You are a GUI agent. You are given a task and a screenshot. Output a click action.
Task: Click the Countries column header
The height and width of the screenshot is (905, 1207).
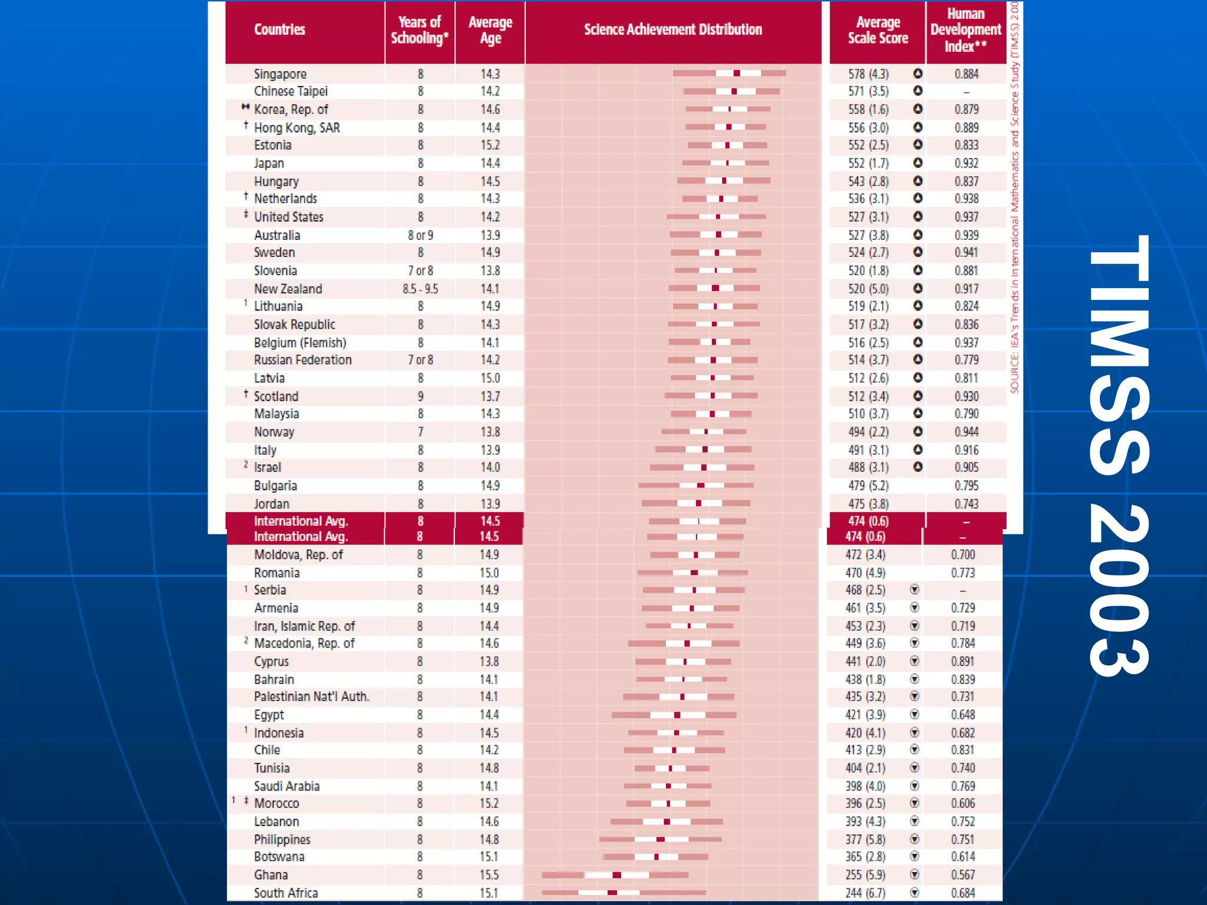(x=279, y=29)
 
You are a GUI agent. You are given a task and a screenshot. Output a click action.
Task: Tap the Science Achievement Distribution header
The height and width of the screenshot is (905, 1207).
(x=672, y=29)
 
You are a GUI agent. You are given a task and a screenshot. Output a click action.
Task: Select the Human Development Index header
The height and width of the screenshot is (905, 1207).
(x=965, y=30)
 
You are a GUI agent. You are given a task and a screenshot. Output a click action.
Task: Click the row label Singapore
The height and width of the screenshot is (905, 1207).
(x=280, y=74)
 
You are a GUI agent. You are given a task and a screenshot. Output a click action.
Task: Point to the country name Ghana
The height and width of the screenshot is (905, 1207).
(x=271, y=875)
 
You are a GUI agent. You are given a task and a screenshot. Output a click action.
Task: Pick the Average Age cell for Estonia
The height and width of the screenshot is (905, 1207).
(x=490, y=145)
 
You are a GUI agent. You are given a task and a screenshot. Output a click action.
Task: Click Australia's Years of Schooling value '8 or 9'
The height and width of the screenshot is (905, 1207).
(x=420, y=235)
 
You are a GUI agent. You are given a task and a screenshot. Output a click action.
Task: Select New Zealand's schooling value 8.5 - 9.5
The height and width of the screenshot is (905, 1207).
(x=420, y=289)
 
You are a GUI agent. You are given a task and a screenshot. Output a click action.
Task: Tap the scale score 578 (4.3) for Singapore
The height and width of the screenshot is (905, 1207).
(x=868, y=74)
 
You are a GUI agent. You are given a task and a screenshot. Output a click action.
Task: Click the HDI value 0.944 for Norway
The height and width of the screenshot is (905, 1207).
(x=967, y=432)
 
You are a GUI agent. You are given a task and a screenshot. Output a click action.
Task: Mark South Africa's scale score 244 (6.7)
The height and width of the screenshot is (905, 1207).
(x=865, y=893)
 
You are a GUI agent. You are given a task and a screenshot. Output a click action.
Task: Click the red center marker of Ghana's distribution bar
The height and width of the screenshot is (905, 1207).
(x=616, y=875)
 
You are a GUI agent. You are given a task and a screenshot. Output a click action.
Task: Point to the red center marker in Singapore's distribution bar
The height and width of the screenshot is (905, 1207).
(x=737, y=73)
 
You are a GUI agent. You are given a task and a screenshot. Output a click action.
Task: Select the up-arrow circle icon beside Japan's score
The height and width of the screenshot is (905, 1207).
(x=918, y=163)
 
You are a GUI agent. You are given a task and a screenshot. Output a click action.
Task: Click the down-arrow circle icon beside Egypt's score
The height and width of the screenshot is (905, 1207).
(x=915, y=714)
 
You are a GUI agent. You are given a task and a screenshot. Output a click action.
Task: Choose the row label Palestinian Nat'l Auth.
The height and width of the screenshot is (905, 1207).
(x=311, y=696)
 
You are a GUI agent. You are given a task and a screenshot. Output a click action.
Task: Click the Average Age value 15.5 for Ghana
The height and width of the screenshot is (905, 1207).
(x=489, y=875)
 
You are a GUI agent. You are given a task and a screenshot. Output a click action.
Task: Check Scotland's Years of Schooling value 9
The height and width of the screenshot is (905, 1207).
(x=420, y=396)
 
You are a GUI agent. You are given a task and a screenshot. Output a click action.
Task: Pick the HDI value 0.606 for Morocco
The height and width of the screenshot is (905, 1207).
(x=963, y=803)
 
